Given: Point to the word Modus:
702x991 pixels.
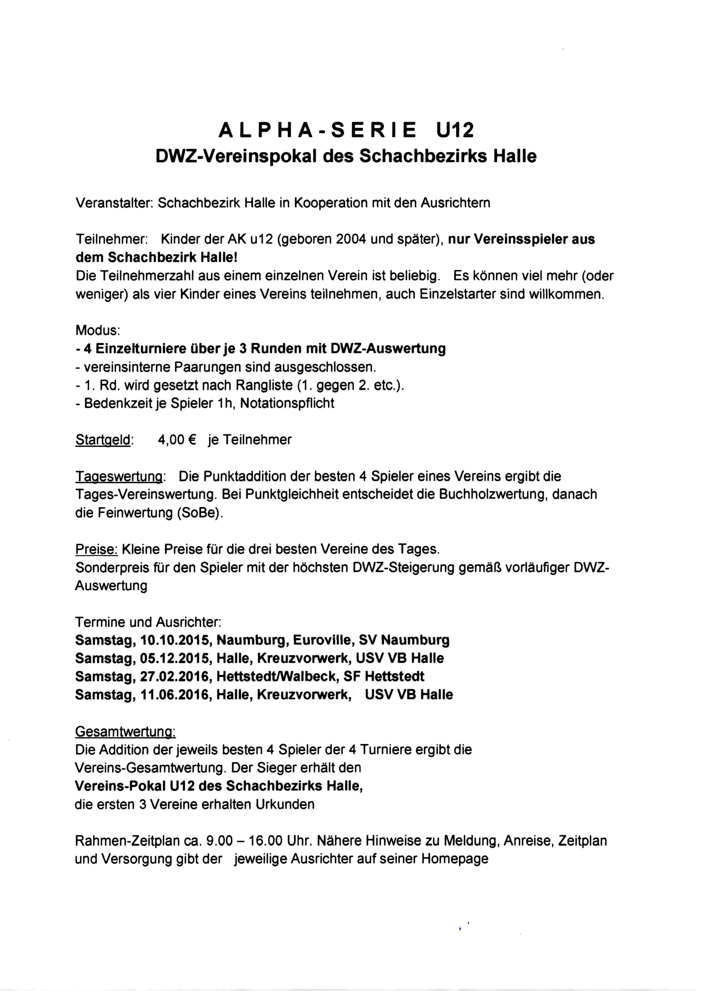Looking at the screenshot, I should click(98, 330).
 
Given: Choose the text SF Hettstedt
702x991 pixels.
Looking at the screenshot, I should click(384, 676).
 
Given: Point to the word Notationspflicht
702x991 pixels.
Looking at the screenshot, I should click(287, 403).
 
